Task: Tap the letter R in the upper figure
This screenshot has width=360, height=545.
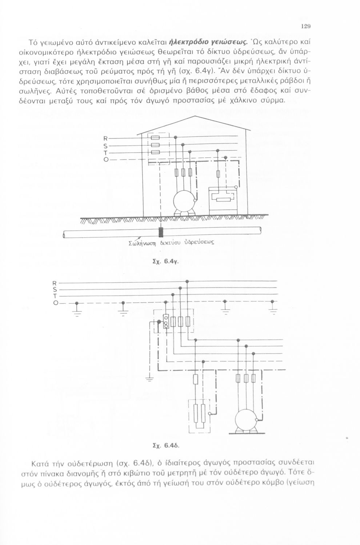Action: click(105, 139)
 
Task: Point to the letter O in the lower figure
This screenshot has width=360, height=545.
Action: click(56, 303)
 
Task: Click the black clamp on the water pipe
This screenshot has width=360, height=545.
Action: click(161, 232)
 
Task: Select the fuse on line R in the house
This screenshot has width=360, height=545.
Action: click(155, 138)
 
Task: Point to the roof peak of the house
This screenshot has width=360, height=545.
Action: click(195, 116)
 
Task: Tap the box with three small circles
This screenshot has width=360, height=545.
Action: click(166, 321)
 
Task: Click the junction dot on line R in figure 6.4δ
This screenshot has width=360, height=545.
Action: click(187, 281)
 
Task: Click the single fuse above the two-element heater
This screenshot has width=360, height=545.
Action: click(196, 379)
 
